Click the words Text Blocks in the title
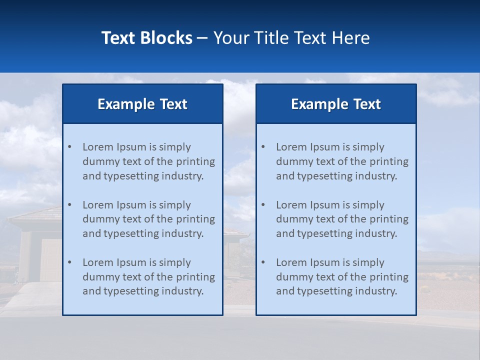(146, 38)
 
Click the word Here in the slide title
(349, 38)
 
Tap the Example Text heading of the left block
(142, 104)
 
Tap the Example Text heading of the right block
(336, 104)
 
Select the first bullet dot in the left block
(69, 147)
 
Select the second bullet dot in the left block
(69, 205)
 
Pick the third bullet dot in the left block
(69, 262)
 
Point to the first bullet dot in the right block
(263, 147)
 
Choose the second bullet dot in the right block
(263, 205)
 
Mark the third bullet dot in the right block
(263, 262)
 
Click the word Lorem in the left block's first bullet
(98, 147)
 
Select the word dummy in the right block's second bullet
(292, 219)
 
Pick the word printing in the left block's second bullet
(197, 219)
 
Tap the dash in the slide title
(203, 38)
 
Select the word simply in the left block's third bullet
(175, 262)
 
